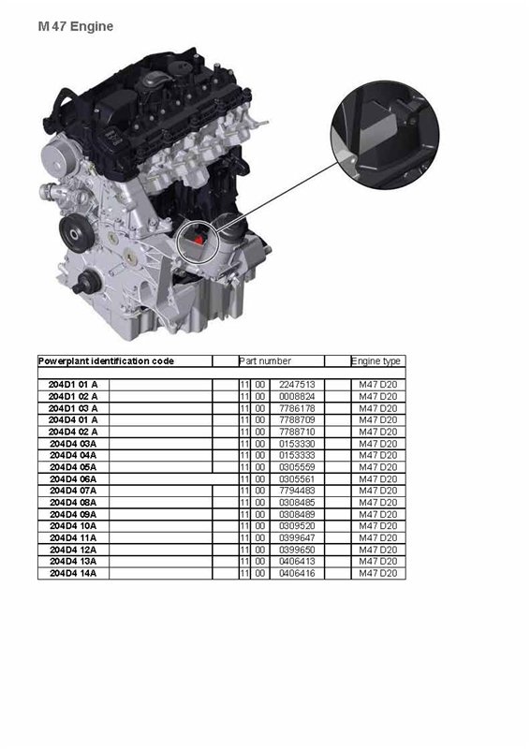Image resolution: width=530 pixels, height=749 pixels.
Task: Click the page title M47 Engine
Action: [76, 26]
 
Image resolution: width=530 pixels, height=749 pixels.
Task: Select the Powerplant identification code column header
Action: [106, 361]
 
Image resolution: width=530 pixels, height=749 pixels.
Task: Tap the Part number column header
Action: [265, 361]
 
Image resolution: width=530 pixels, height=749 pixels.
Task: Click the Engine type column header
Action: [375, 361]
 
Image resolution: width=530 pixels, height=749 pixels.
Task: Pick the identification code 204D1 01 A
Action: [73, 385]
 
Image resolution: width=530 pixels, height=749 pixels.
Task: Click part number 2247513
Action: [297, 385]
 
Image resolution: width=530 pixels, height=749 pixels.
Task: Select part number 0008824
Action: [297, 396]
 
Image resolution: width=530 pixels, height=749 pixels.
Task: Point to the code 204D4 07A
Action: [73, 491]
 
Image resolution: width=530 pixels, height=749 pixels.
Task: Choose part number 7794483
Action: [297, 491]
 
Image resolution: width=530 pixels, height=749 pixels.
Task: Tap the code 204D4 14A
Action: [73, 573]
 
